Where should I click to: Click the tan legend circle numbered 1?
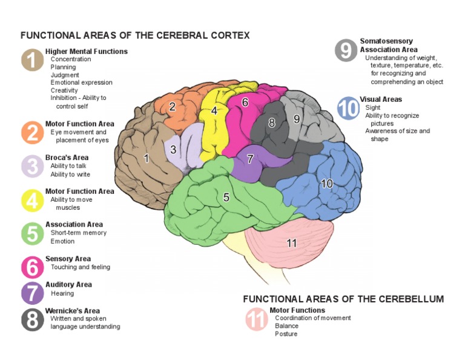click(31, 60)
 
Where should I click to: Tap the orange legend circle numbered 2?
click(31, 133)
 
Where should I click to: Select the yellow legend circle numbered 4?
click(31, 200)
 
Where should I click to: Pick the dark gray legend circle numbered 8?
click(31, 319)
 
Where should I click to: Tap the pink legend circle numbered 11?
click(256, 320)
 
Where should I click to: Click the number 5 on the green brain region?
click(226, 197)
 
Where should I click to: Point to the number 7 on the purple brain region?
click(249, 159)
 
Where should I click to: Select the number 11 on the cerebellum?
click(292, 243)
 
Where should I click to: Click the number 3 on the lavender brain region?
click(173, 150)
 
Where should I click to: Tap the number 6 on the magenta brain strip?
click(245, 103)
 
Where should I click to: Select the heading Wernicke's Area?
click(73, 311)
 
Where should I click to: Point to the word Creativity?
click(64, 90)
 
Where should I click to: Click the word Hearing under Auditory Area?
click(62, 293)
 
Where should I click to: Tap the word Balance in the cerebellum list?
click(286, 326)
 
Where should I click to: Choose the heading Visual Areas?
click(381, 99)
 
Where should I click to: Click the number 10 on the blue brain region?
click(327, 183)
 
